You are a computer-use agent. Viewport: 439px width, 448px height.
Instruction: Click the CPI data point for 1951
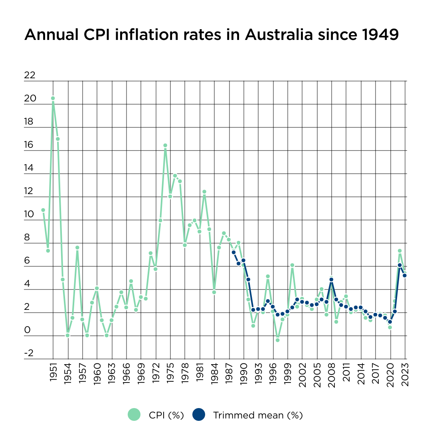(53, 98)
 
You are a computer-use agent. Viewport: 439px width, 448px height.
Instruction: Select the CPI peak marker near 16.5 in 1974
(165, 145)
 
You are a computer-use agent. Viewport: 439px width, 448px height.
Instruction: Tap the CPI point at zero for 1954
(68, 335)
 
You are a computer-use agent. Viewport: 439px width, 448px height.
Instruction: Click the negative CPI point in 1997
(277, 340)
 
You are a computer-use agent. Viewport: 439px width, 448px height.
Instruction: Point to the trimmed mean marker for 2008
(331, 280)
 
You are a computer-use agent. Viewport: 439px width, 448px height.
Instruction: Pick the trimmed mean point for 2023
(405, 276)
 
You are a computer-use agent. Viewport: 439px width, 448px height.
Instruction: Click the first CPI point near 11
(43, 210)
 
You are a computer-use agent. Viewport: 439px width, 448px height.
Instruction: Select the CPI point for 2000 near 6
(292, 265)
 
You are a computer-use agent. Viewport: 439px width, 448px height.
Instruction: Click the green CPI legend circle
(134, 414)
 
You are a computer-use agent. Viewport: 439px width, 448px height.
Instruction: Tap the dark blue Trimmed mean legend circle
(198, 414)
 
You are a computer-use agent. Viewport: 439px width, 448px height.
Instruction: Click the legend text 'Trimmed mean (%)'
(258, 415)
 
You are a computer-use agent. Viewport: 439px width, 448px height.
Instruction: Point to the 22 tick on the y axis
(30, 75)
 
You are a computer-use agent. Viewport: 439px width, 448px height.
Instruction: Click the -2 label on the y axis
(29, 353)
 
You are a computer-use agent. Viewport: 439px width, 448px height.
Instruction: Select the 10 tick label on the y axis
(30, 214)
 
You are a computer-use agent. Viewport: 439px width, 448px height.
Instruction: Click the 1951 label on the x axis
(53, 373)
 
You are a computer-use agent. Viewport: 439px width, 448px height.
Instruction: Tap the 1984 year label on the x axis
(214, 373)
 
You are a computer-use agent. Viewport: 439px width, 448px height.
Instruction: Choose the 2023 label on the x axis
(405, 373)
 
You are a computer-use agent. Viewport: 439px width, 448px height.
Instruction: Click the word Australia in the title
(279, 35)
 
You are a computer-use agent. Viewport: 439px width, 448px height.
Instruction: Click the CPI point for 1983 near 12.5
(204, 192)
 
